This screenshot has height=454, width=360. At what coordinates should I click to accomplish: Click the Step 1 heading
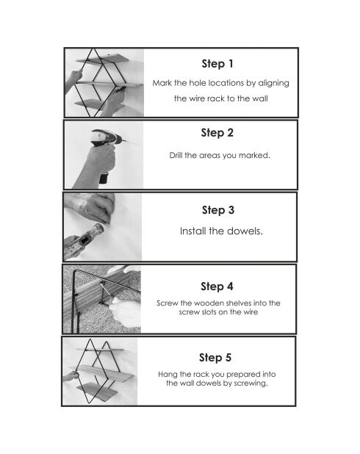pyautogui.click(x=217, y=64)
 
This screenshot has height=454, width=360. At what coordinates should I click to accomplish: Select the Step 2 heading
pyautogui.click(x=217, y=133)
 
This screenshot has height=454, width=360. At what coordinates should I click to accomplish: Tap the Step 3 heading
pyautogui.click(x=218, y=210)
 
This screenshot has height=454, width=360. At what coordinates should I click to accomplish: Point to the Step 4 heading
pyautogui.click(x=217, y=287)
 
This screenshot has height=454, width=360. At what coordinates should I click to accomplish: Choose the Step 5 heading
pyautogui.click(x=215, y=358)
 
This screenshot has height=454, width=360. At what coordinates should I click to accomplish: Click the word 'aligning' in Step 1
pyautogui.click(x=273, y=84)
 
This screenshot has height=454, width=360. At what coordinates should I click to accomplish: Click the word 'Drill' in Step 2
pyautogui.click(x=176, y=155)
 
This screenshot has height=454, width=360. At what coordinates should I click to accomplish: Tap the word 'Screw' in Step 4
pyautogui.click(x=167, y=303)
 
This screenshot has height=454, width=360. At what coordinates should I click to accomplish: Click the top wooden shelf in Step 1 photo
pyautogui.click(x=102, y=58)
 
